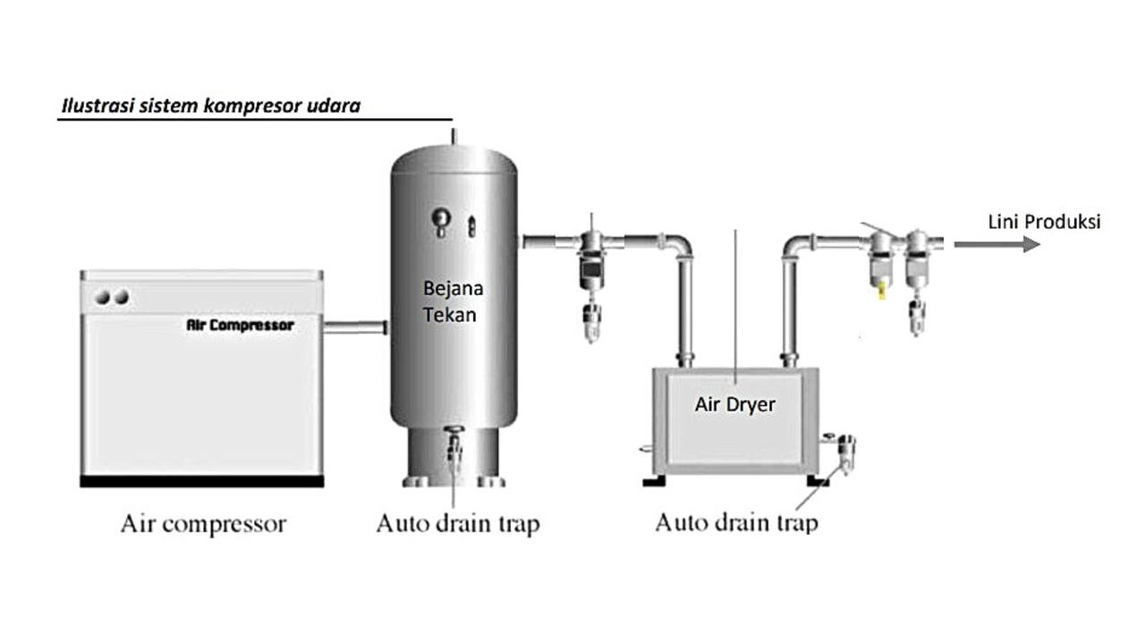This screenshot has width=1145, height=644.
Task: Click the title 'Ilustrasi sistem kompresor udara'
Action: coord(210,106)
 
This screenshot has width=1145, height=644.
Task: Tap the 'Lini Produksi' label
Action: coord(1044,222)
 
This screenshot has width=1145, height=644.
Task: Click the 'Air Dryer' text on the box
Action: coord(734,404)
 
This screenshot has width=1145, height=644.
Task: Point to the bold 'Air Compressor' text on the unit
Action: coord(240,325)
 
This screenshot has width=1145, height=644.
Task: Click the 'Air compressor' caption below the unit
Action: coord(203,523)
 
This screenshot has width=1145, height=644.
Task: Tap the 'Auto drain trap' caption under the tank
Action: coord(457,523)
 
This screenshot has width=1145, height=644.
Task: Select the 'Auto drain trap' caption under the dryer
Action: coord(736,521)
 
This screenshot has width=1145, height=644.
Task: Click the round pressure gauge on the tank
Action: coord(441,218)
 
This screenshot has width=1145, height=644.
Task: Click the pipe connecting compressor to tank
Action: coord(354,328)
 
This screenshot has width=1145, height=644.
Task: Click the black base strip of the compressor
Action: coord(201,481)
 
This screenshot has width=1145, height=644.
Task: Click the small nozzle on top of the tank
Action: coord(454,135)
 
